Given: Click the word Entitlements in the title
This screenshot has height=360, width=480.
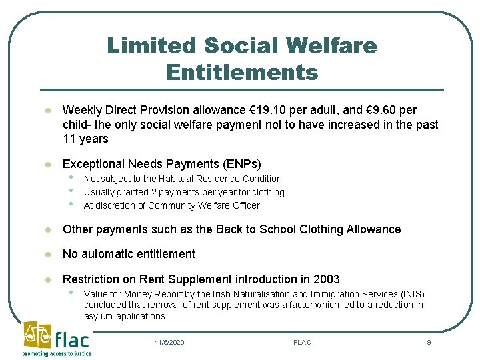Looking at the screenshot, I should pyautogui.click(x=242, y=71).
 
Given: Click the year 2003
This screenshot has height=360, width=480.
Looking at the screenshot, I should pyautogui.click(x=325, y=279).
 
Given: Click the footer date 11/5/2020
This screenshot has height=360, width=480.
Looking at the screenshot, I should pyautogui.click(x=169, y=342).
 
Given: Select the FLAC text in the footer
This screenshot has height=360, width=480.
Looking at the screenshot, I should pyautogui.click(x=302, y=342).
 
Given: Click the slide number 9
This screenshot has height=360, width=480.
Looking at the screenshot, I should pyautogui.click(x=429, y=342).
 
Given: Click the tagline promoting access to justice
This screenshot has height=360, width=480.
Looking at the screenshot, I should pyautogui.click(x=57, y=353).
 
